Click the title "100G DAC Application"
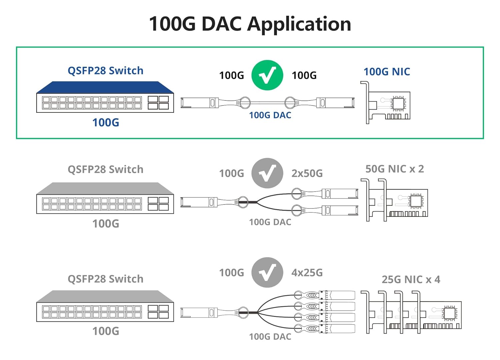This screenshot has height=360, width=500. (x=250, y=24)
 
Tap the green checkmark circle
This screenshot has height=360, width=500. (x=267, y=75)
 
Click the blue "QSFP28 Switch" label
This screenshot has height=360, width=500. (x=105, y=71)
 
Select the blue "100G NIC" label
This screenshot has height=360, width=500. (x=387, y=72)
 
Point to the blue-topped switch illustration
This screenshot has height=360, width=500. (x=105, y=97)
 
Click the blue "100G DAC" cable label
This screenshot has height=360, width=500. (x=270, y=115)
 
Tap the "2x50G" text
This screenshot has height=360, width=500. (x=307, y=173)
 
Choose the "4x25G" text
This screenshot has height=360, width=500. (x=307, y=273)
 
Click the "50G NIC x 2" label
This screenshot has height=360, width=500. (x=395, y=169)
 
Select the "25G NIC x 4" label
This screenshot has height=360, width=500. (x=411, y=280)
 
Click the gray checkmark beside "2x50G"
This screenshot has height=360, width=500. (x=267, y=173)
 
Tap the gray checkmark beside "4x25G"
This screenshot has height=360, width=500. (x=267, y=273)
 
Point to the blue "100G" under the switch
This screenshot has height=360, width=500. (x=106, y=123)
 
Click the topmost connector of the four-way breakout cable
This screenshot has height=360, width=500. (x=337, y=295)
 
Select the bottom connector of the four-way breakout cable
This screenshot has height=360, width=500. (x=337, y=329)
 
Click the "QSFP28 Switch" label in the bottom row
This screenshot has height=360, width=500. (x=105, y=279)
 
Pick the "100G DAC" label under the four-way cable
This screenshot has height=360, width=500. (x=270, y=337)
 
